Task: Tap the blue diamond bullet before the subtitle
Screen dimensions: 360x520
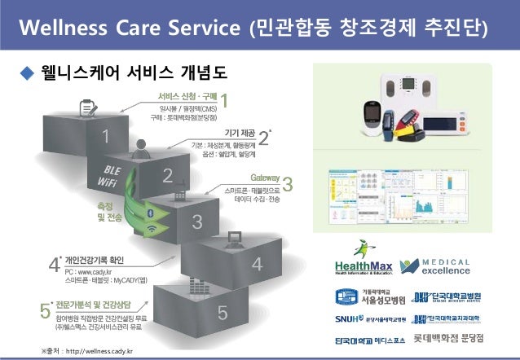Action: (24, 75)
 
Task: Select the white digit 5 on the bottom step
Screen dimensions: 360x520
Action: (222, 312)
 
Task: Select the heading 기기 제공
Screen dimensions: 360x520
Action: (238, 132)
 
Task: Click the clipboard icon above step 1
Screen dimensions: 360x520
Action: (88, 107)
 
